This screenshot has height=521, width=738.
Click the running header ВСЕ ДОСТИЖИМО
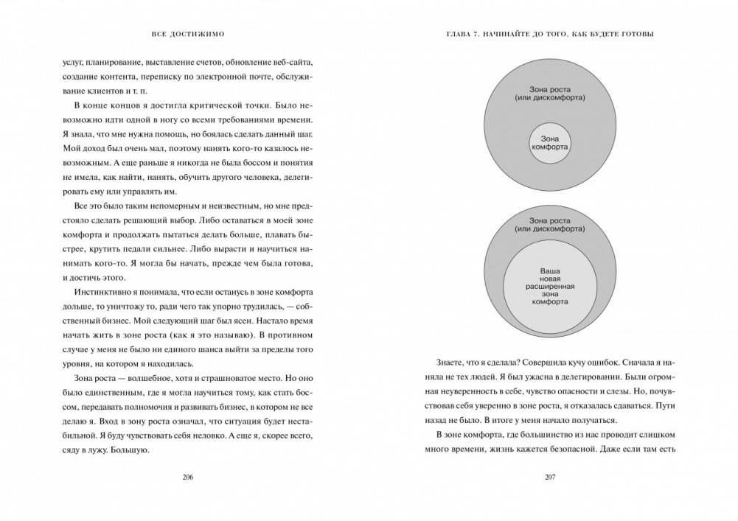click(187, 35)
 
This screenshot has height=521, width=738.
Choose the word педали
click(157, 248)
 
